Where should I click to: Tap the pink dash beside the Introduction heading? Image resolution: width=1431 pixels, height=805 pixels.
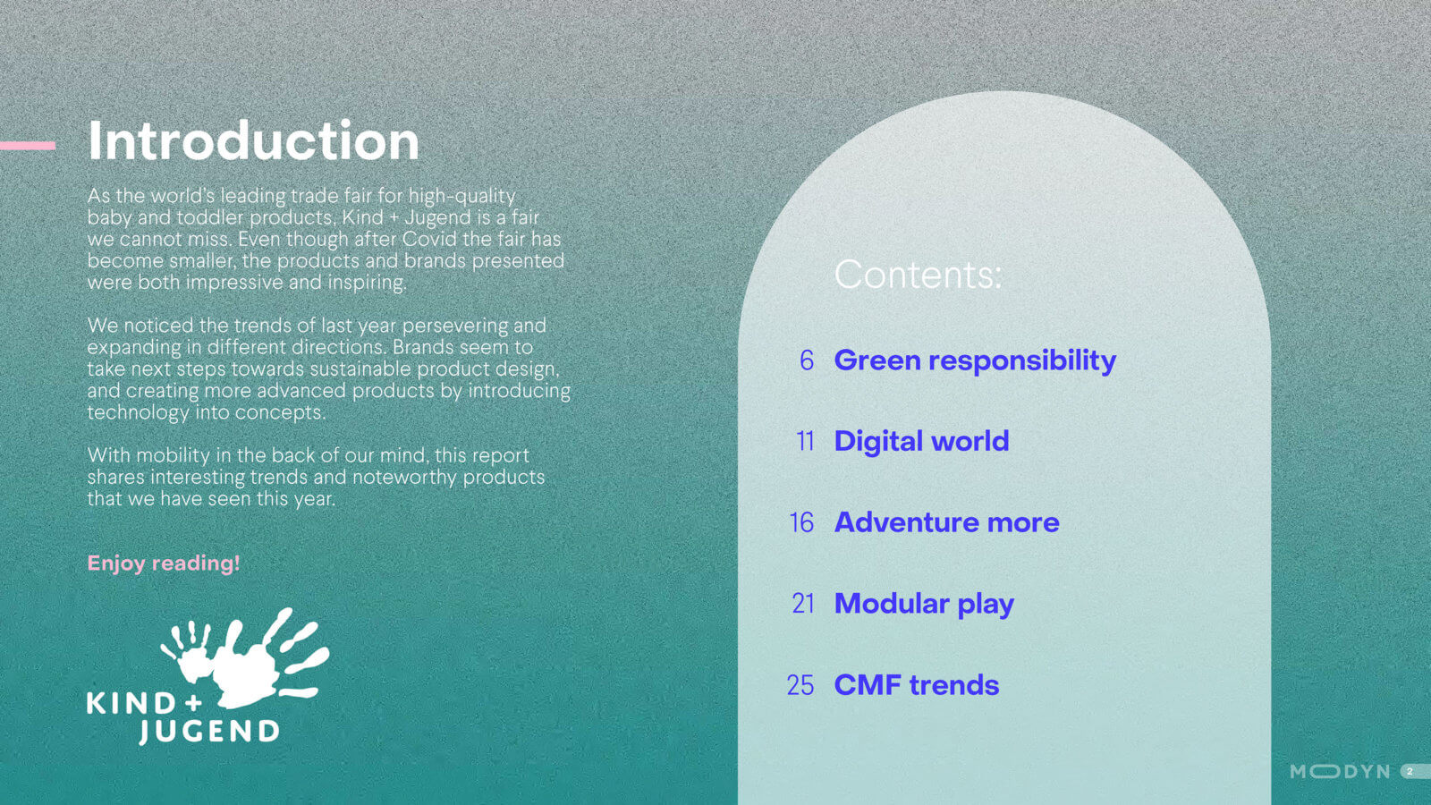click(x=28, y=146)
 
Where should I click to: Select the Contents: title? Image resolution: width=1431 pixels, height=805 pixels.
click(x=918, y=274)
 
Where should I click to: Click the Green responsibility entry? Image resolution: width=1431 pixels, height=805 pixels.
click(x=975, y=361)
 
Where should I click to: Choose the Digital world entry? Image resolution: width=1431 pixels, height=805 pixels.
click(x=921, y=442)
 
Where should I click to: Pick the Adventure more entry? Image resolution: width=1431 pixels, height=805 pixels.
click(x=947, y=522)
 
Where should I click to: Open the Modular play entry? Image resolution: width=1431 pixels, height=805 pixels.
click(x=924, y=605)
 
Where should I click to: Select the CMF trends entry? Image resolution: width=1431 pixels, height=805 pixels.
click(x=917, y=685)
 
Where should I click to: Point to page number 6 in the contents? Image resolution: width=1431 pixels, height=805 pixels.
click(x=807, y=361)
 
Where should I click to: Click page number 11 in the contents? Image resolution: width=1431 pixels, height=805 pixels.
click(x=805, y=442)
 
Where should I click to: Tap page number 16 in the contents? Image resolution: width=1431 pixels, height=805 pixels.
click(x=801, y=522)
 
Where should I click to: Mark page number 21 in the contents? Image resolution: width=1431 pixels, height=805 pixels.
click(x=803, y=604)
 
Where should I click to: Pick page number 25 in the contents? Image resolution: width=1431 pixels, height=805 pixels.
click(x=800, y=685)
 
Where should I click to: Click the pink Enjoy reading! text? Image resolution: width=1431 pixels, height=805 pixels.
click(x=164, y=563)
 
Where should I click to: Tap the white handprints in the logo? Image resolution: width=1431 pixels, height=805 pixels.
click(x=245, y=658)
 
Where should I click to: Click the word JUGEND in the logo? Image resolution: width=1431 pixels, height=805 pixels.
click(x=209, y=733)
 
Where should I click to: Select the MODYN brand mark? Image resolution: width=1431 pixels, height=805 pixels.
click(x=1340, y=772)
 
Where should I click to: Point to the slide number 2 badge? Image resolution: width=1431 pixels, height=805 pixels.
click(x=1415, y=772)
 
